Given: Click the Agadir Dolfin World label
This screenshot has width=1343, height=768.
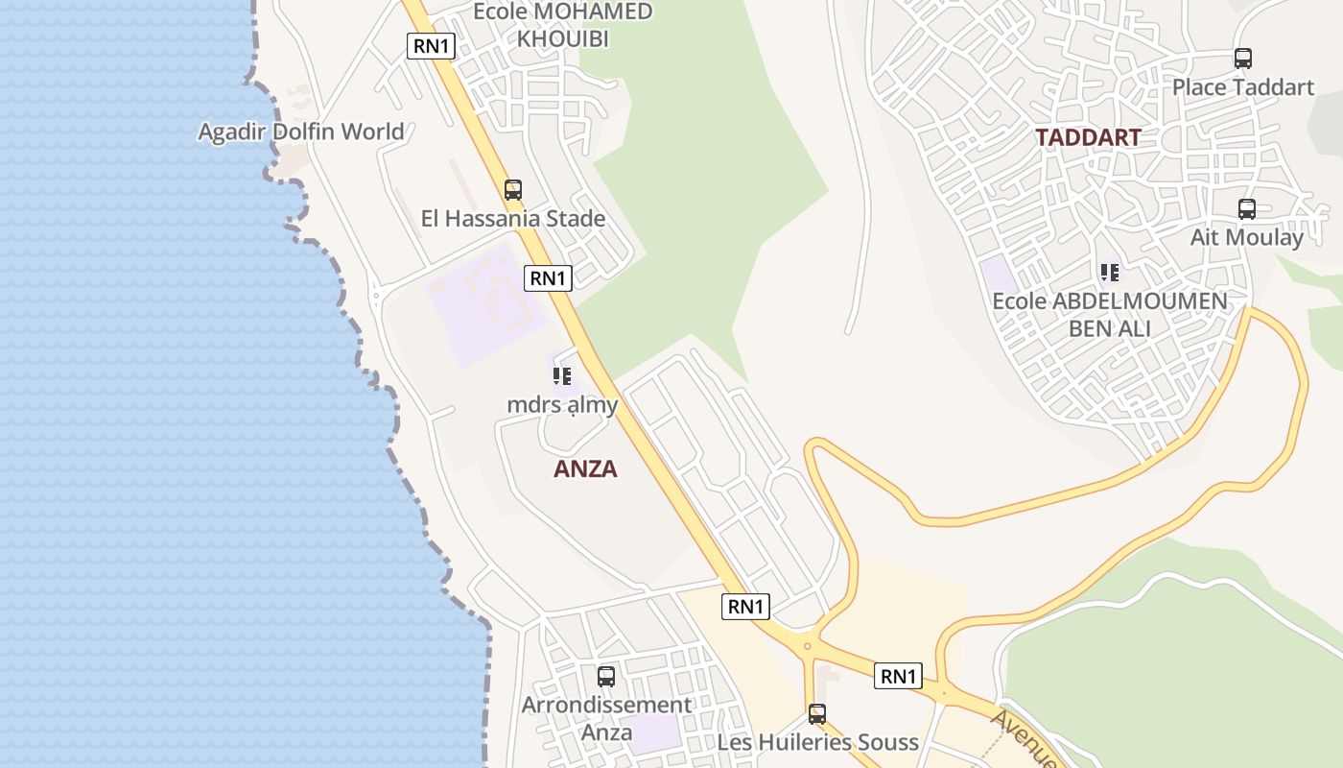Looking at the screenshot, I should [300, 132].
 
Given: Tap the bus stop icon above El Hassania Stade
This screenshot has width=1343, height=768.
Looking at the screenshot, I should [513, 189].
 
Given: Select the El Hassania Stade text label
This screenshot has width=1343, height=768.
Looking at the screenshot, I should [513, 219].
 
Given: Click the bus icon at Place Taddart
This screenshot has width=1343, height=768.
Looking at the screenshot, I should [1243, 58].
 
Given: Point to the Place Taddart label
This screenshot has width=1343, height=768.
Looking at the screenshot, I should [1243, 87].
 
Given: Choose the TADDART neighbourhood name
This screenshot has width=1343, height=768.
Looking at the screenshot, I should [1088, 137].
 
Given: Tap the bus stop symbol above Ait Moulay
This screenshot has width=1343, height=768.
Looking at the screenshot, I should [1246, 208].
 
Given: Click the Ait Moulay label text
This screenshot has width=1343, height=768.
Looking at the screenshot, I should [1246, 237].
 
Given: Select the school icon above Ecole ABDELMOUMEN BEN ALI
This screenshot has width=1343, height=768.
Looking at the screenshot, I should [1110, 273].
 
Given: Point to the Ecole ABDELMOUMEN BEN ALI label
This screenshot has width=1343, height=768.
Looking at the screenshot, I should [1110, 314].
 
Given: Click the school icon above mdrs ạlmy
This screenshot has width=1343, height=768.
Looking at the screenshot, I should [562, 375].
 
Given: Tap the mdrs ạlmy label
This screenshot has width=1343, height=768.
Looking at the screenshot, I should [562, 405].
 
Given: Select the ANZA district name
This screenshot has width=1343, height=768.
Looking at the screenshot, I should [585, 469].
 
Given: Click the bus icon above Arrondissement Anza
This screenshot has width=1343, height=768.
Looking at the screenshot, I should [606, 676].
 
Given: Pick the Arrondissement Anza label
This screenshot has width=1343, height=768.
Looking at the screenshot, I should [606, 718].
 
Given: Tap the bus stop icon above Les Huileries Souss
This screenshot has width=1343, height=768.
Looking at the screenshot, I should [817, 713].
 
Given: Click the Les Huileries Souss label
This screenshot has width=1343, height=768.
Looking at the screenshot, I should [817, 742].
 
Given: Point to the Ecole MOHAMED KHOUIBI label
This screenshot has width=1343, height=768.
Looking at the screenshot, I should [564, 25].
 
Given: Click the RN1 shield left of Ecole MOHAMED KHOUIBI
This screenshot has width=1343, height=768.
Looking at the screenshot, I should [431, 45].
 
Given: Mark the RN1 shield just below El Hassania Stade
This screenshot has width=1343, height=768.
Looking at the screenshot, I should [549, 278].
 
